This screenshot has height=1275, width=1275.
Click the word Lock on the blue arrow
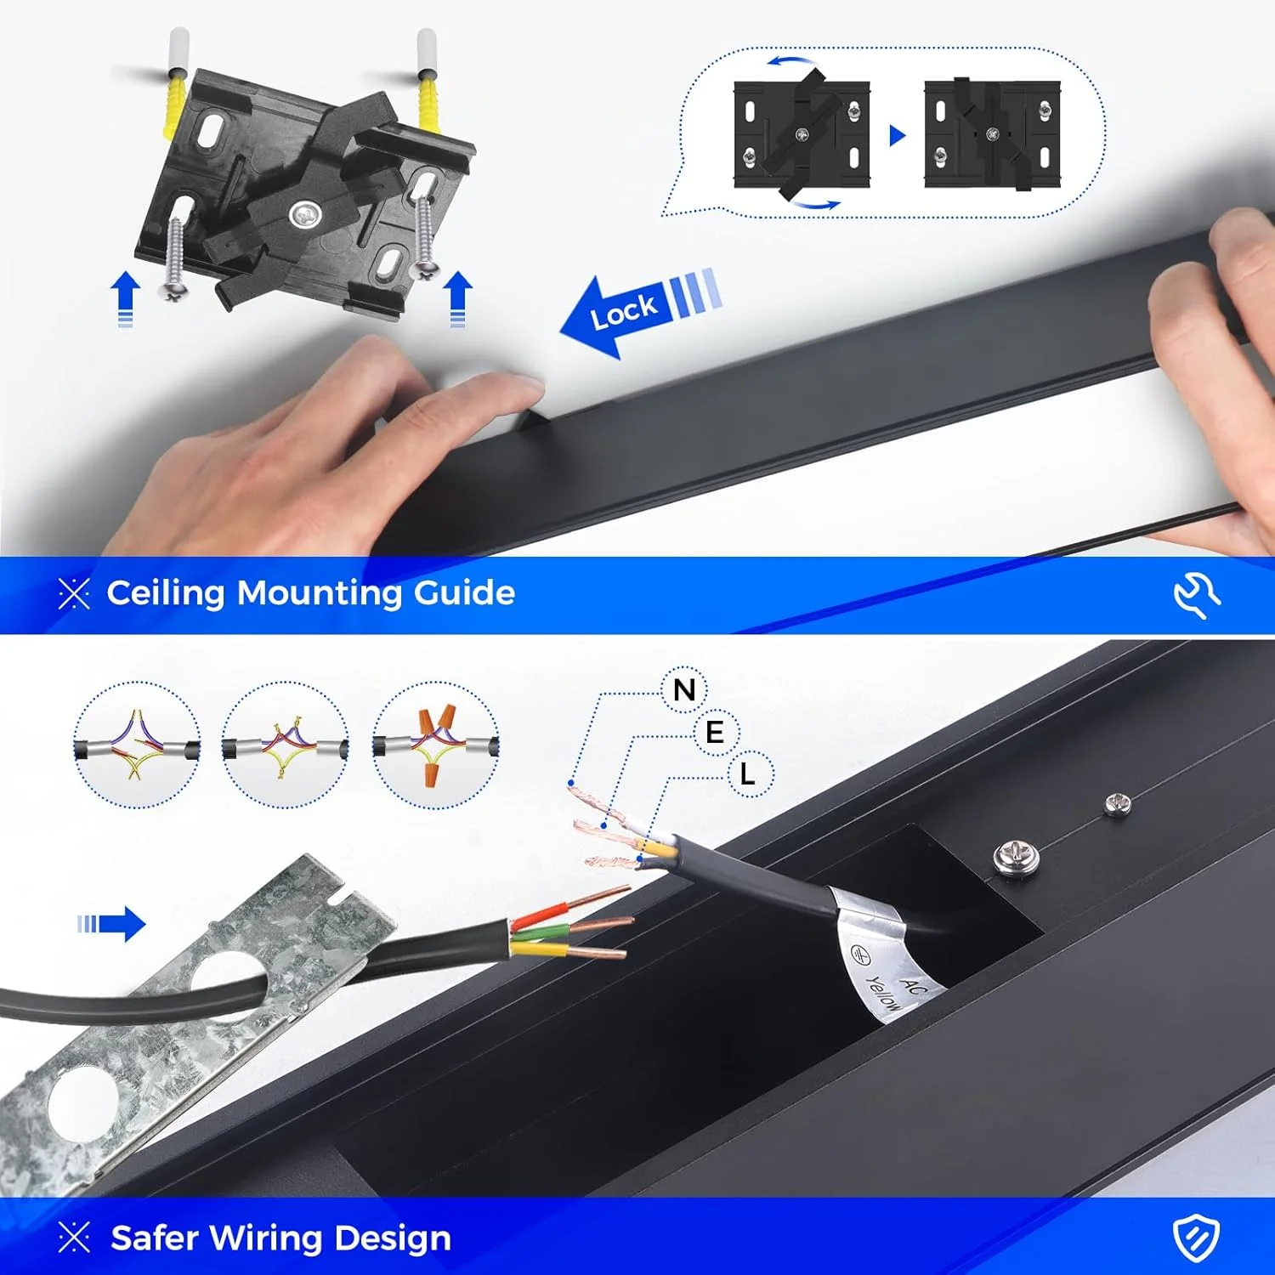pos(624,311)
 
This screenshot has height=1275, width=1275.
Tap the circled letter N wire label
pos(685,689)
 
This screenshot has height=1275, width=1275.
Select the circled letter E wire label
pos(716,732)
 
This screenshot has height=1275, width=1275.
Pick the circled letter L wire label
pos(748,774)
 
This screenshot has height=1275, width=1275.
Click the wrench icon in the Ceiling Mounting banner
pos(1197,594)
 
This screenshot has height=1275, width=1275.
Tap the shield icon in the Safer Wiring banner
pos(1197,1238)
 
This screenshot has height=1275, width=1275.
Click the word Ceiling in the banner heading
pos(167,593)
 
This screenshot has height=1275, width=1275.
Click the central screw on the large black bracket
pos(304,215)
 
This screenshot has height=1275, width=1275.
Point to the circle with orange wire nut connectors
pos(436,745)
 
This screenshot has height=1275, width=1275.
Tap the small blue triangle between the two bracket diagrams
pos(898,135)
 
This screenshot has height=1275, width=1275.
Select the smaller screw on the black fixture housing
pos(1117,804)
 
